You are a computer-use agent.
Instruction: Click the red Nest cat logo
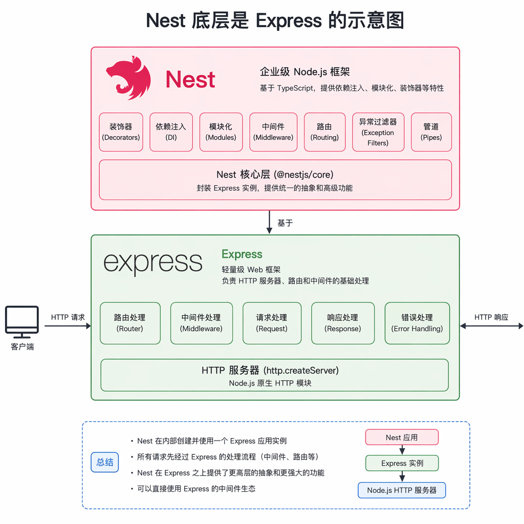pos(128,78)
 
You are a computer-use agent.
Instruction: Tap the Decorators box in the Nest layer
pos(121,132)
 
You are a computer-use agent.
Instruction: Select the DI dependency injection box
pos(171,132)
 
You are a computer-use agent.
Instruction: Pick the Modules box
pos(221,132)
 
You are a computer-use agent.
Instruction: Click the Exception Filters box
pos(378,132)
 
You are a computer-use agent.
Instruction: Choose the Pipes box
pos(431,132)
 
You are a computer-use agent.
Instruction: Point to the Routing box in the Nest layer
pos(324,132)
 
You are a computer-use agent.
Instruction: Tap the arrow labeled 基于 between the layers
pos(269,222)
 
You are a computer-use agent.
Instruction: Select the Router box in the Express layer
pos(130,323)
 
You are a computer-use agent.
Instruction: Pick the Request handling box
pos(272,323)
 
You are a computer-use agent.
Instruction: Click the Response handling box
pos(343,323)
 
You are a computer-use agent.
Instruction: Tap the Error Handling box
pos(417,323)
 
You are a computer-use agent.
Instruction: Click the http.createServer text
pos(301,370)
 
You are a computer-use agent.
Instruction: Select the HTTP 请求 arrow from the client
pos(68,326)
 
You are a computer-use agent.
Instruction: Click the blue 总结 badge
pos(104,462)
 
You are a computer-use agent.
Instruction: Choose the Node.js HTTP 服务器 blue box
pos(402,490)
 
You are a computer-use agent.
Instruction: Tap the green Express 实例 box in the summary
pos(402,463)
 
